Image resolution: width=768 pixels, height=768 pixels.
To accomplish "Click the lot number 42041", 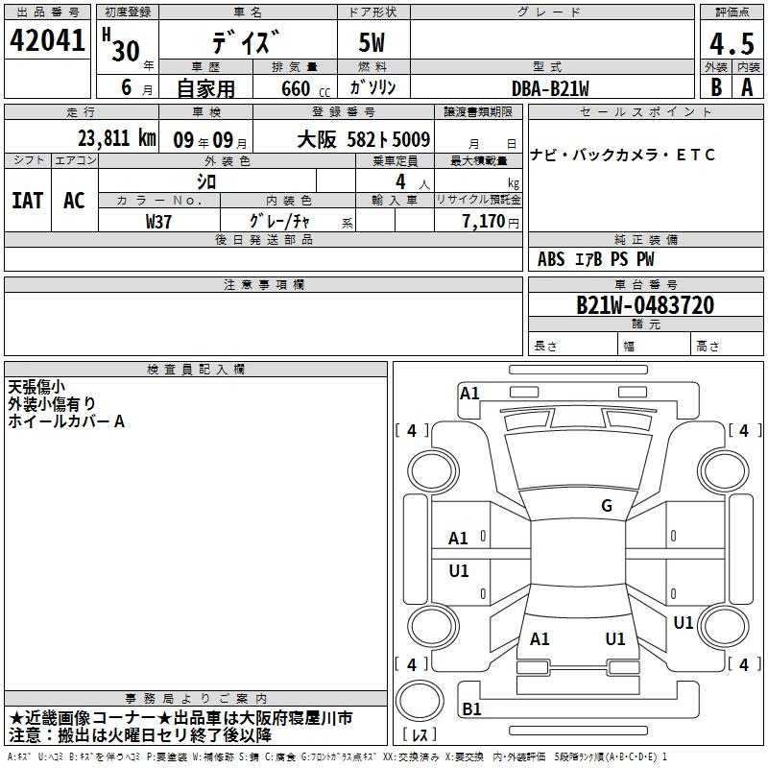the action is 47,39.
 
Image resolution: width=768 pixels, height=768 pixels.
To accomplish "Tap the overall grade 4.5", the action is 732,43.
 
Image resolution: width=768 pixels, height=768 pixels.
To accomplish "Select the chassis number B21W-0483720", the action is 645,305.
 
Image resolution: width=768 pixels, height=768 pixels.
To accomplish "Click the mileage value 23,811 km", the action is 116,138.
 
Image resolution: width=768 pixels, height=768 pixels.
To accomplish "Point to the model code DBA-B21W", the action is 550,88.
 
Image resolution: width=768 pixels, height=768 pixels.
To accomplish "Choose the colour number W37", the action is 158,222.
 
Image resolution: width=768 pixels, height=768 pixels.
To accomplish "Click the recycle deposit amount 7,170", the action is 484,222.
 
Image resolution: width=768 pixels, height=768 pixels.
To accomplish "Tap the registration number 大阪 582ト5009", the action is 364,140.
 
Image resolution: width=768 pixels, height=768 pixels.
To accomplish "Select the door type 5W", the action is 372,42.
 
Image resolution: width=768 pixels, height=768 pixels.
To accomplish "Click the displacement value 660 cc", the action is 305,88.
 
